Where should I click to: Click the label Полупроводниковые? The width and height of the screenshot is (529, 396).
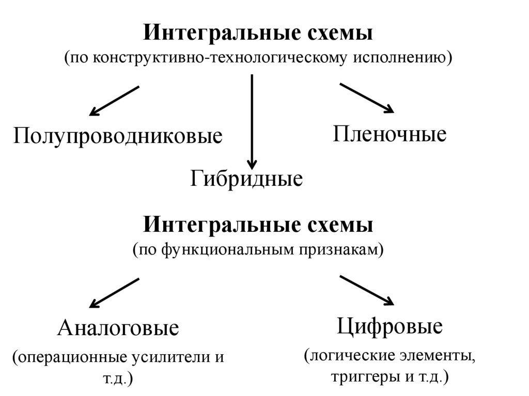[x=118, y=136]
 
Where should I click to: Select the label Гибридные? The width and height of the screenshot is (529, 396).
[x=246, y=179]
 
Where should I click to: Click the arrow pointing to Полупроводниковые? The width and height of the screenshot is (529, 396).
[x=114, y=101]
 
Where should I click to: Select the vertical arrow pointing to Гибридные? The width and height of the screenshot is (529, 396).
[x=252, y=121]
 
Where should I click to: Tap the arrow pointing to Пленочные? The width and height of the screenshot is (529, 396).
[x=366, y=98]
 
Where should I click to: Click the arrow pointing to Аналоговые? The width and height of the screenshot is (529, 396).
[x=114, y=293]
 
